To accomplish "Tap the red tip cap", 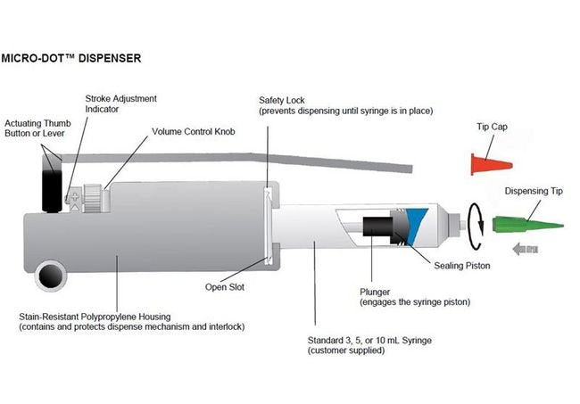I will [x=485, y=163].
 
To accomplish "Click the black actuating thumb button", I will [x=49, y=178].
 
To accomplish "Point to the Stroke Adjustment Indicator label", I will [x=120, y=103].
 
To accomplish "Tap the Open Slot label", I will [x=224, y=287].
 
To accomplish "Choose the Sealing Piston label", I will [x=462, y=266].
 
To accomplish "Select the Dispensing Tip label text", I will [x=532, y=191].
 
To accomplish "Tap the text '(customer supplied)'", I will [x=347, y=351].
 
